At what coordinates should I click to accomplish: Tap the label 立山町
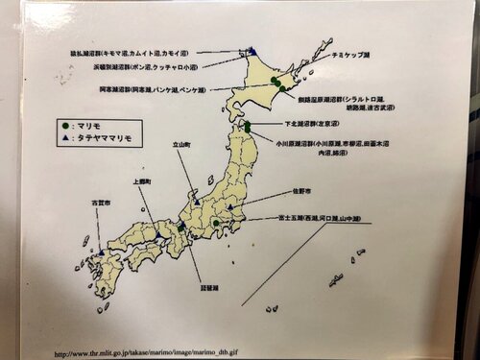coord(182,145)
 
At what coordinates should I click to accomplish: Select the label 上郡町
coord(136,180)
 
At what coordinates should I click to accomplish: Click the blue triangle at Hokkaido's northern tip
coord(252,51)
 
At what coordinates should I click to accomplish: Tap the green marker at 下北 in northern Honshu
coord(247,126)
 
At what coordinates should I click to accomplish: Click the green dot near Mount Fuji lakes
coord(218,223)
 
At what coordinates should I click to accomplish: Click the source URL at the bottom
coord(146,353)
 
